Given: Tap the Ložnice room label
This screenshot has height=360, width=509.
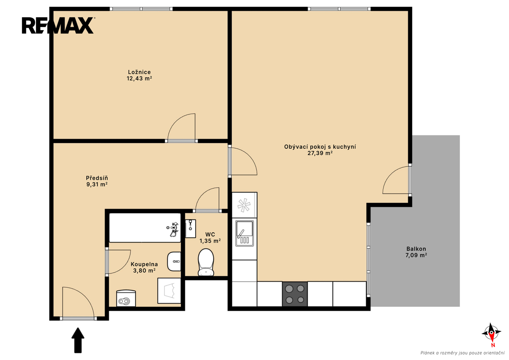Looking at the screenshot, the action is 139,72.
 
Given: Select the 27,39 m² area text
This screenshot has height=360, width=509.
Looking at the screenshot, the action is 320,153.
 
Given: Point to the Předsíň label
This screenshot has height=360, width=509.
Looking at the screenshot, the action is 97,178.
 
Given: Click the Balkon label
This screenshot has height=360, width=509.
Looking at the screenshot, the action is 416,249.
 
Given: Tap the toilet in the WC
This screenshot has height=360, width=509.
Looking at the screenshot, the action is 206,262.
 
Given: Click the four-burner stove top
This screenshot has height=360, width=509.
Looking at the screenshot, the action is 295,294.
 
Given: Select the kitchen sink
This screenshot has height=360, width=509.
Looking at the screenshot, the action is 245,233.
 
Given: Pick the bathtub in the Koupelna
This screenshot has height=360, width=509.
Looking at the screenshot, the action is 145,227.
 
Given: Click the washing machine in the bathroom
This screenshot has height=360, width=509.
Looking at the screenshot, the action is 169,290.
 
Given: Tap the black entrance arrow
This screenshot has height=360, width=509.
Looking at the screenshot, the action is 78,340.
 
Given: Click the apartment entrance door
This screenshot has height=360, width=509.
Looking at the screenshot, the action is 78,302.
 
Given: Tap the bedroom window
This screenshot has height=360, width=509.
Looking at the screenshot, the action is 141,9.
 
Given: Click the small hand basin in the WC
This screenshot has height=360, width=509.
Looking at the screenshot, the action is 190,228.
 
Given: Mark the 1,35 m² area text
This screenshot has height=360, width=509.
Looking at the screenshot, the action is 210,241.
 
